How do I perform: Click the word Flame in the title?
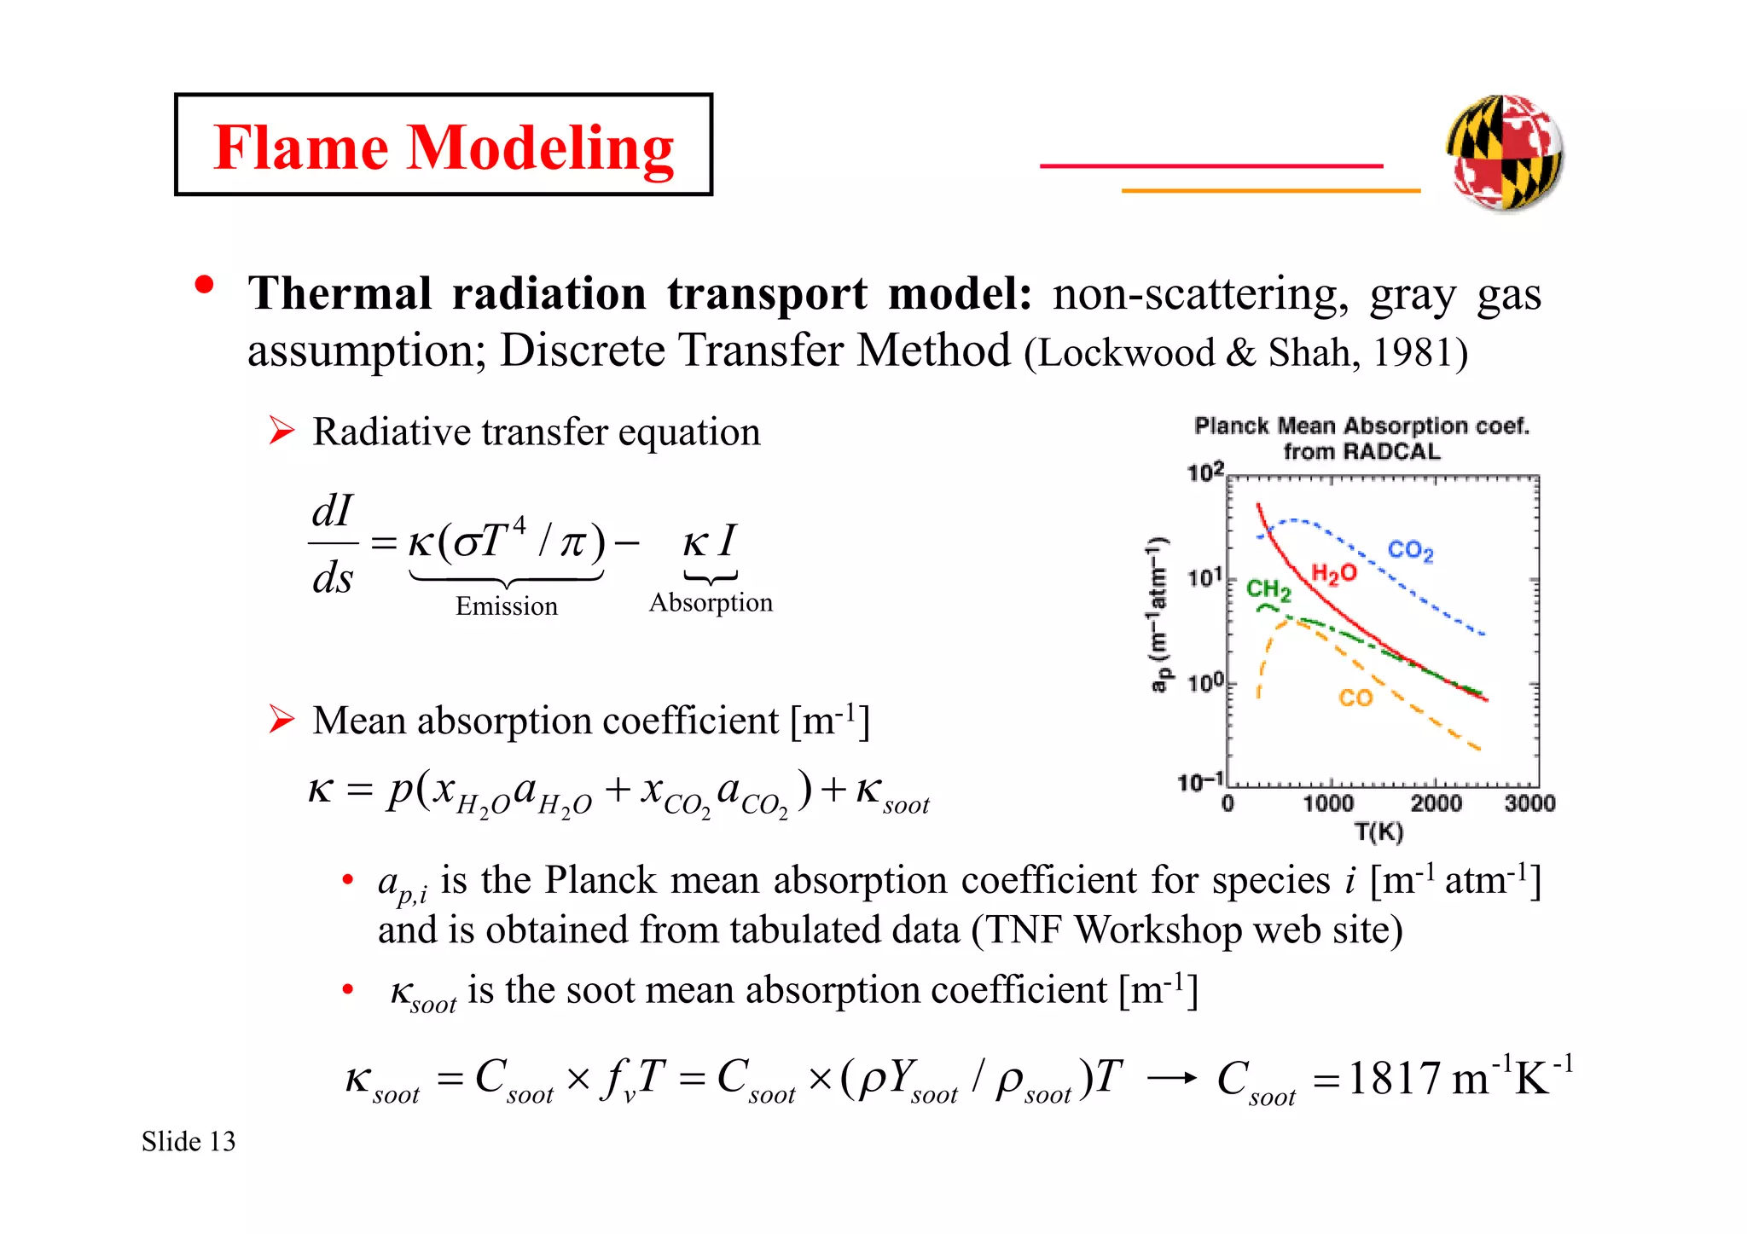point(302,148)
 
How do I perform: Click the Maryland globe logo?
point(1505,153)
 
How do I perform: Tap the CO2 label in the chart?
point(1410,551)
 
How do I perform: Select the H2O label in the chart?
point(1333,573)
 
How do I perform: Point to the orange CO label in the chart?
point(1355,698)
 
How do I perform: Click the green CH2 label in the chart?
point(1268,589)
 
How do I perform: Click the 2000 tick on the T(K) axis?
point(1436,803)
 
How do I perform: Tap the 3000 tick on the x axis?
point(1529,803)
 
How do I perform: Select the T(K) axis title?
point(1378,831)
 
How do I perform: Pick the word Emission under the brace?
point(506,606)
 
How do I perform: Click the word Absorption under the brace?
point(711,603)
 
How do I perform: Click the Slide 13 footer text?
point(189,1142)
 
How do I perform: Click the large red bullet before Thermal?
point(204,285)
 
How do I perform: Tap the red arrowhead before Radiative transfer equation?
point(281,431)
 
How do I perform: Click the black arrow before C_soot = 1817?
point(1172,1079)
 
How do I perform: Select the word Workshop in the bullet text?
point(1158,930)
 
